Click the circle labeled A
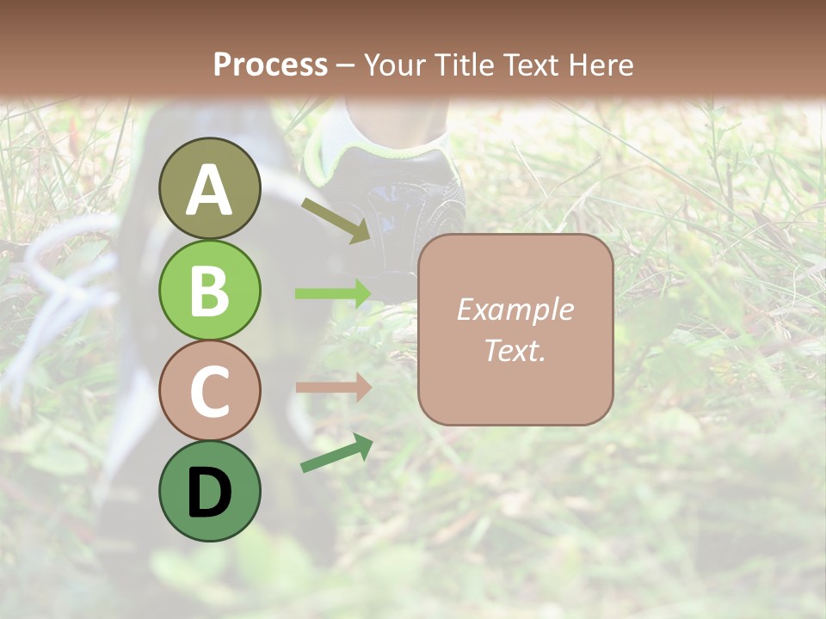coord(209,189)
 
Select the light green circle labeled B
coord(209,290)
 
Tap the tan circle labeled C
coord(209,390)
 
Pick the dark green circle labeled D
coord(209,491)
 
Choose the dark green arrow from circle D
coord(336,454)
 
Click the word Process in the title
coord(270,64)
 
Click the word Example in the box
coord(515,309)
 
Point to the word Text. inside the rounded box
coord(515,350)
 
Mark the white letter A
coord(209,191)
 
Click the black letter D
coord(209,493)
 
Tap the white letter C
coord(209,392)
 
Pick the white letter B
coord(209,291)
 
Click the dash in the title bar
coord(345,65)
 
